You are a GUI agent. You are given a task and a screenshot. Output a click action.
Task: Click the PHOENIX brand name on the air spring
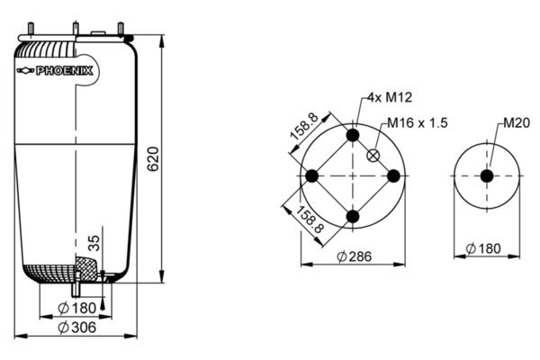65,71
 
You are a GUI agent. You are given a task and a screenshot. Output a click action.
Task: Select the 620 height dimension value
153,158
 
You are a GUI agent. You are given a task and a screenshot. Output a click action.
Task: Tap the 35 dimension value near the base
94,243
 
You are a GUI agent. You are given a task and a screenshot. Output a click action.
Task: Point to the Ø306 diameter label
76,328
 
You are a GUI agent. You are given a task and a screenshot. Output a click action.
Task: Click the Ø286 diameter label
355,256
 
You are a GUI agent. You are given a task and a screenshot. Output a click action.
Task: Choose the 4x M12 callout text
390,97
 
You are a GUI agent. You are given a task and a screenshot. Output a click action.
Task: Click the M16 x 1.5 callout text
418,123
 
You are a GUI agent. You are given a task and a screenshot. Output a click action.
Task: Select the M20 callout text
517,123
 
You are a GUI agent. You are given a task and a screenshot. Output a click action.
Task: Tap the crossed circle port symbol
373,156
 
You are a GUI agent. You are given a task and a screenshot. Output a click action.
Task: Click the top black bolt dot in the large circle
353,135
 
